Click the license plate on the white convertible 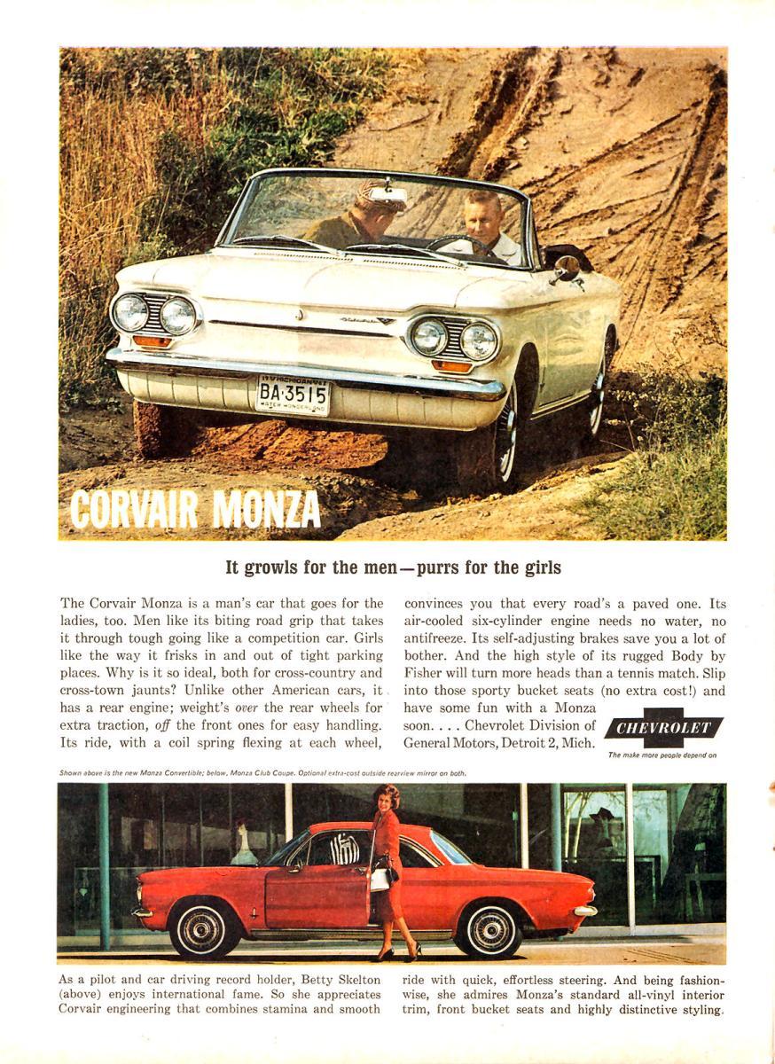tap(293, 395)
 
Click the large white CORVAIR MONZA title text tap(195, 509)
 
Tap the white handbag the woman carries tap(381, 878)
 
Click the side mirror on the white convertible tap(566, 267)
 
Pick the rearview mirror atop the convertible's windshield tap(387, 195)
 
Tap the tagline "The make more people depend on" tap(662, 755)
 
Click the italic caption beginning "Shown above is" tap(262, 773)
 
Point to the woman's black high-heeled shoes tap(397, 955)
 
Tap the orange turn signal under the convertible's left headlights tap(153, 341)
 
